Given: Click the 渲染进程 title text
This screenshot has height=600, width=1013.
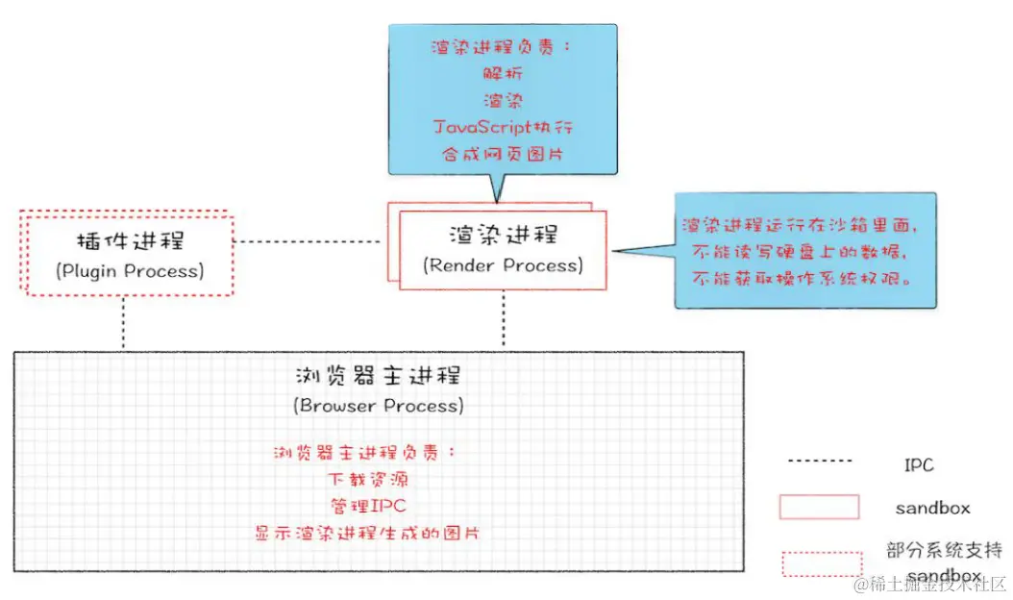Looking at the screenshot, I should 503,235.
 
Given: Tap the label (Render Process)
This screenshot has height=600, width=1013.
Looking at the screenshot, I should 503,265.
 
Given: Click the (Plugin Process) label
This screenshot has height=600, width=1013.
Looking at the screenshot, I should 130,271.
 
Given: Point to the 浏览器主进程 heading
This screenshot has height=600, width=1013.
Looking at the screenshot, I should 379,374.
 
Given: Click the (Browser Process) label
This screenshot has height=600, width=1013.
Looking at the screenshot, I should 379,405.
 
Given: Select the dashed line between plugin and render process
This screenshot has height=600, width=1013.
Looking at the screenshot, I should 309,241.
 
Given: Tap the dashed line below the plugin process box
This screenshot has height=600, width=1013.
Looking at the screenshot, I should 124,321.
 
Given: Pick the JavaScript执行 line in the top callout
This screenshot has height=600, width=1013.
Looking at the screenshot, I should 504,127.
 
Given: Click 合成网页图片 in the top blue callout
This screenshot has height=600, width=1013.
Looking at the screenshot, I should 504,154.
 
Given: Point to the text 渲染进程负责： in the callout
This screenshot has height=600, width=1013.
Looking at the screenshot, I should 504,48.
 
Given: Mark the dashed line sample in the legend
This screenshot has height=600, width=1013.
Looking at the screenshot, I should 821,462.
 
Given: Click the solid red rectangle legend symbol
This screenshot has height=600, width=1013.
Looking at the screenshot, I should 819,507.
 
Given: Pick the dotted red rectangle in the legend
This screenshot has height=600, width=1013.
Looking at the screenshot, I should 822,563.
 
